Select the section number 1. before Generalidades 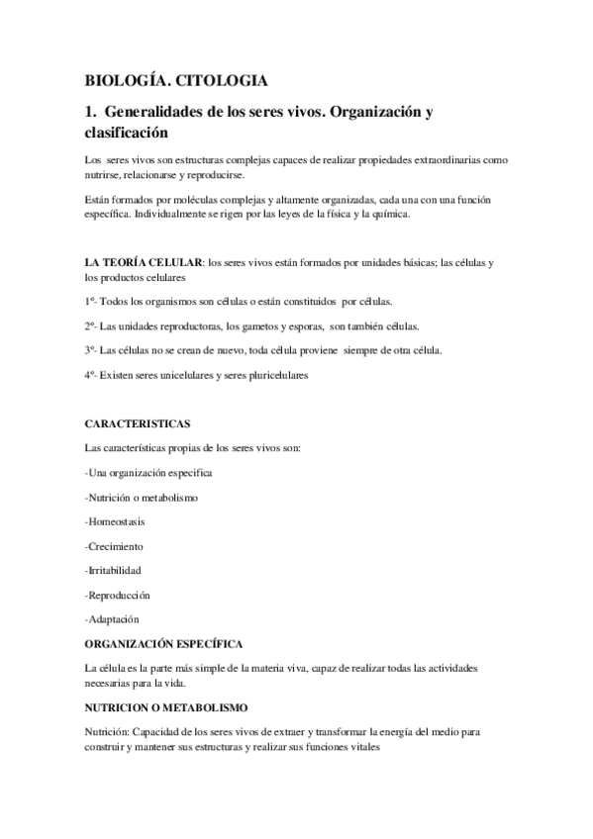click(92, 112)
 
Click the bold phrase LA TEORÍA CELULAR click(145, 262)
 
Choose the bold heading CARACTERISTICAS click(138, 423)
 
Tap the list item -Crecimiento click(115, 546)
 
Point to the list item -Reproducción click(118, 595)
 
